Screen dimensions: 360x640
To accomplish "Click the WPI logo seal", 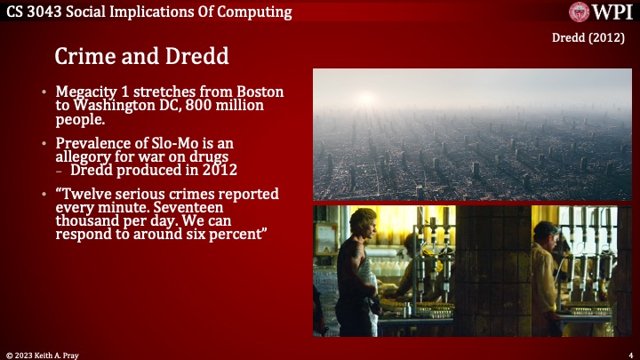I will [x=579, y=12].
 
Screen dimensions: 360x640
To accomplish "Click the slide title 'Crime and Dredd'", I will [x=141, y=55].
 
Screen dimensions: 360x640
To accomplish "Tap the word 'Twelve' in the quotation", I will [x=89, y=194].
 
